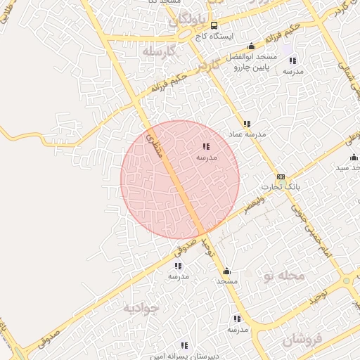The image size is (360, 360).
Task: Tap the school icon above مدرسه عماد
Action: tap(246, 124)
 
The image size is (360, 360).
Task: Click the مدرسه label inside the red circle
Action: tap(206, 157)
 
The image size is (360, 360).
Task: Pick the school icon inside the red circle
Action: tap(205, 147)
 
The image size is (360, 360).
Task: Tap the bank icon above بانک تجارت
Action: tap(281, 176)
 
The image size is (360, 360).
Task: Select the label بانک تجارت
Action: tap(281, 187)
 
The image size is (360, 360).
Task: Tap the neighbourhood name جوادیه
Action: tap(141, 307)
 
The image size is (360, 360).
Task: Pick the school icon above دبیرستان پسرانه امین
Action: tap(184, 345)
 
